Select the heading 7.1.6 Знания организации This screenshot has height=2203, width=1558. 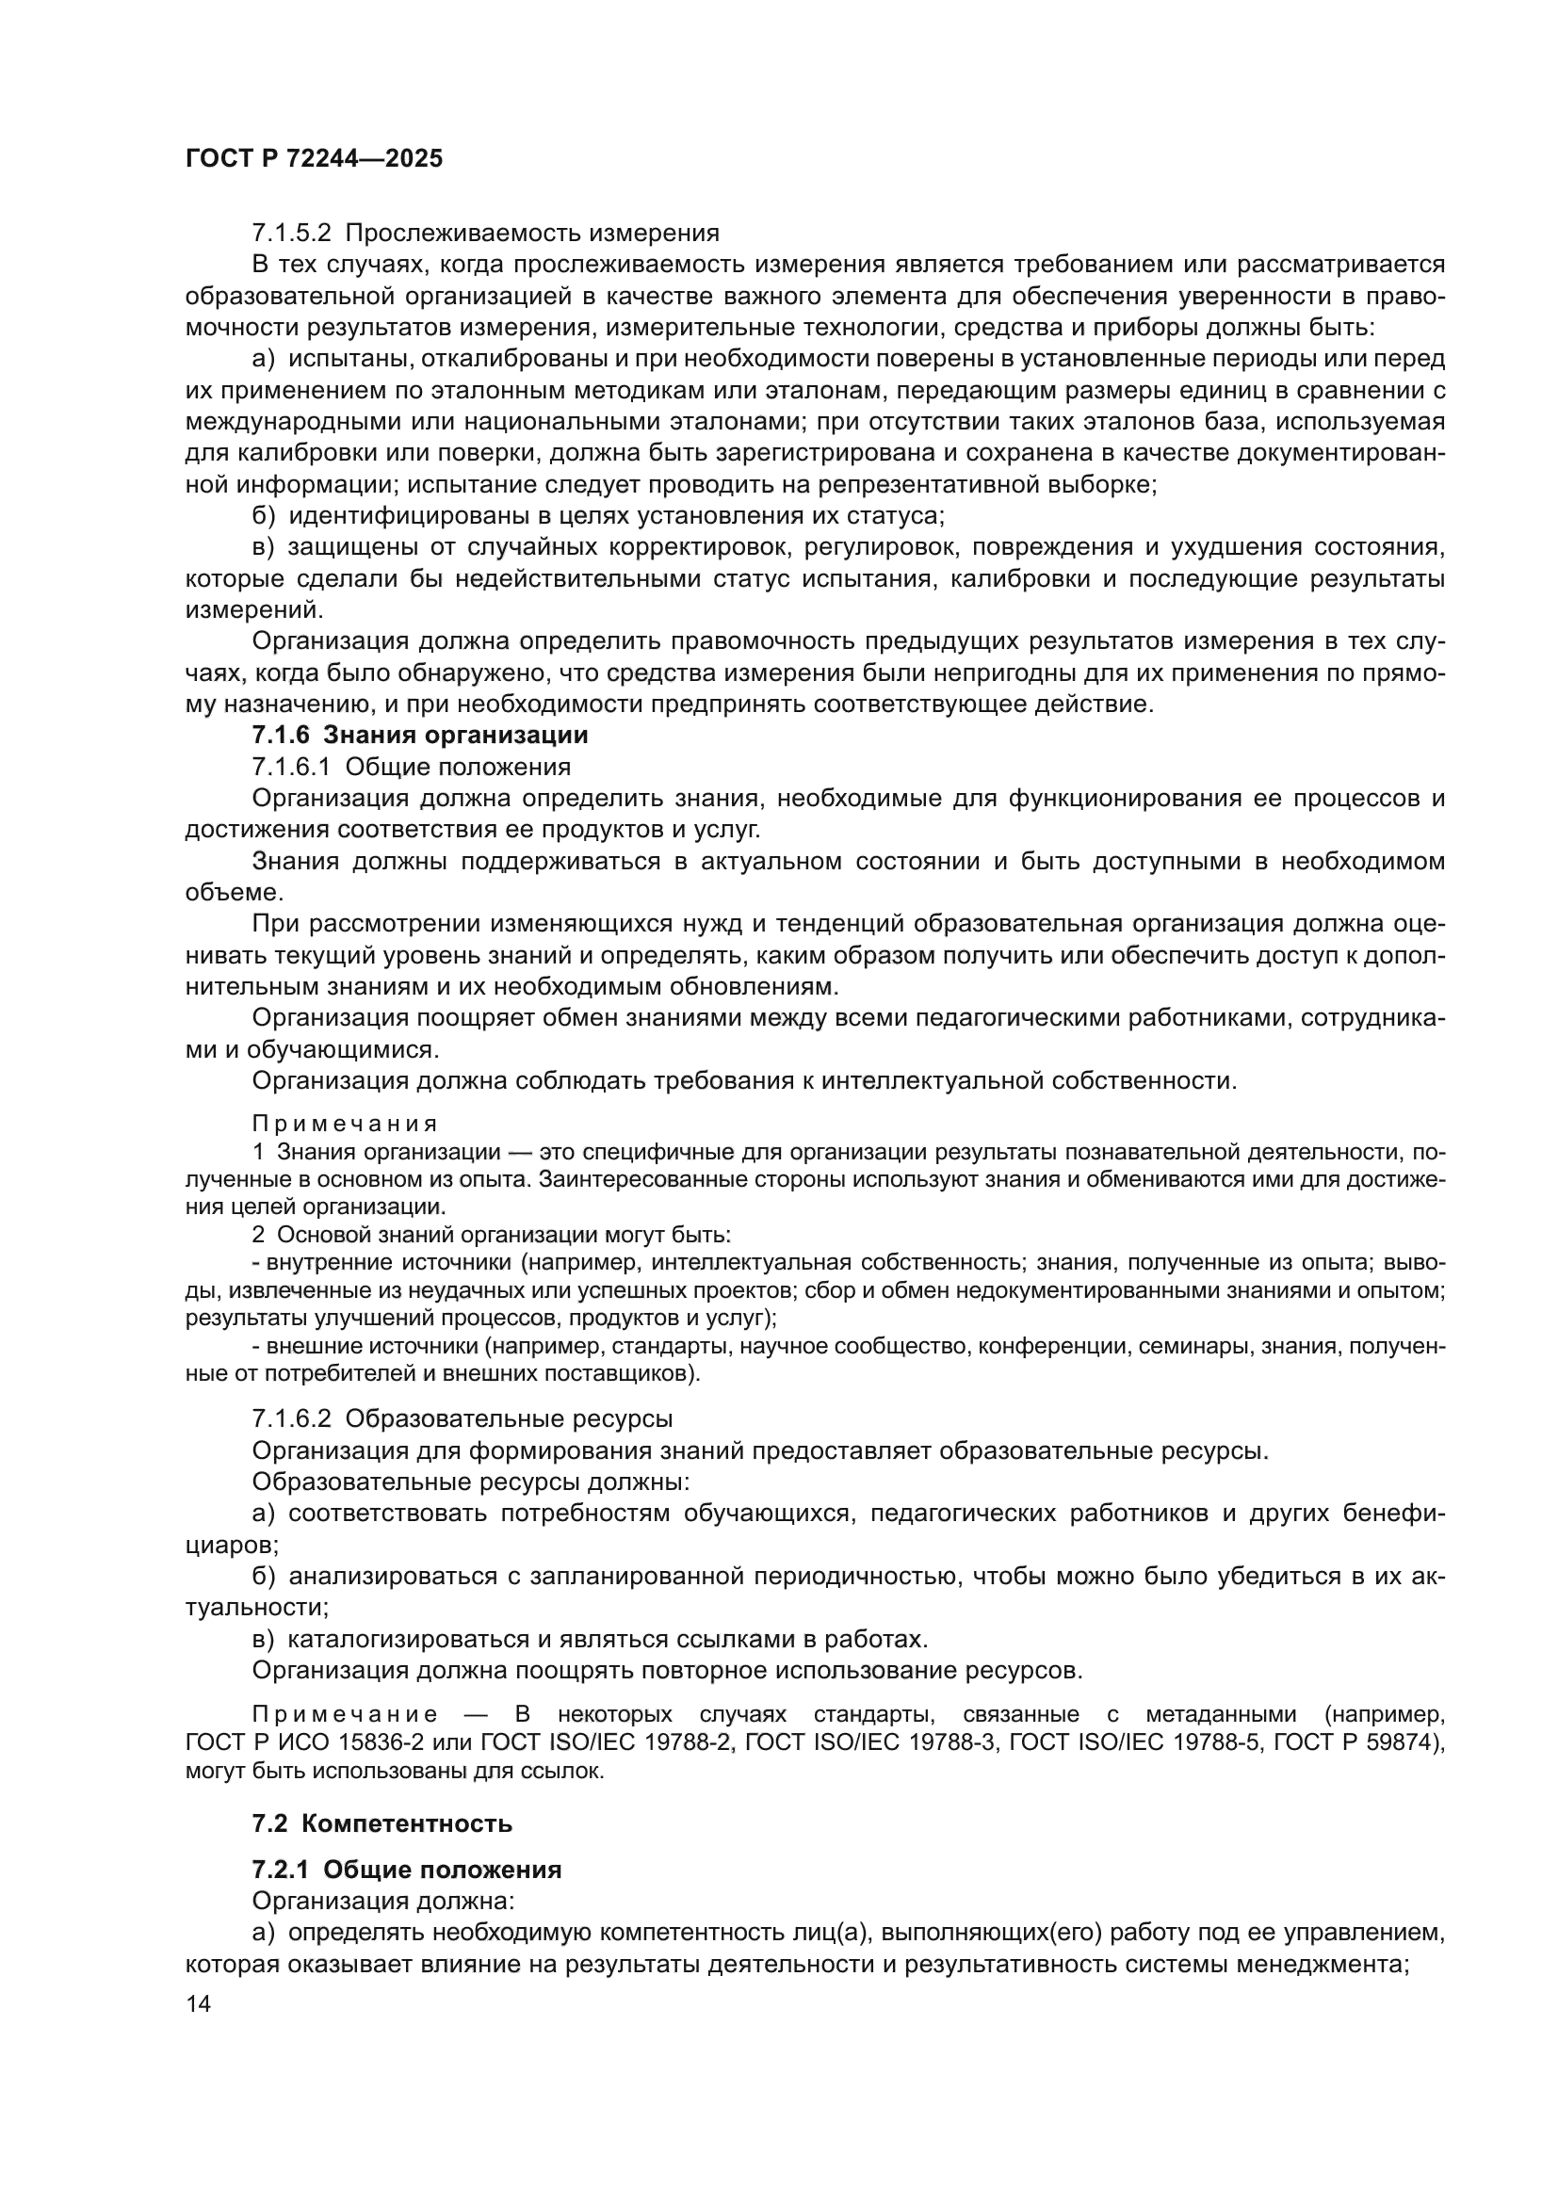click(419, 736)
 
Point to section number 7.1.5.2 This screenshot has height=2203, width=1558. click(292, 234)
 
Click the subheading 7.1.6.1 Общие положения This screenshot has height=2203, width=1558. click(411, 768)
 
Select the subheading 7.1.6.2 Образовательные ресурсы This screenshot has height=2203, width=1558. click(462, 1419)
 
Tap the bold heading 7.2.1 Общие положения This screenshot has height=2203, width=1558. click(406, 1871)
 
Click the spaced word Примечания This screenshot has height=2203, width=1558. click(345, 1124)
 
